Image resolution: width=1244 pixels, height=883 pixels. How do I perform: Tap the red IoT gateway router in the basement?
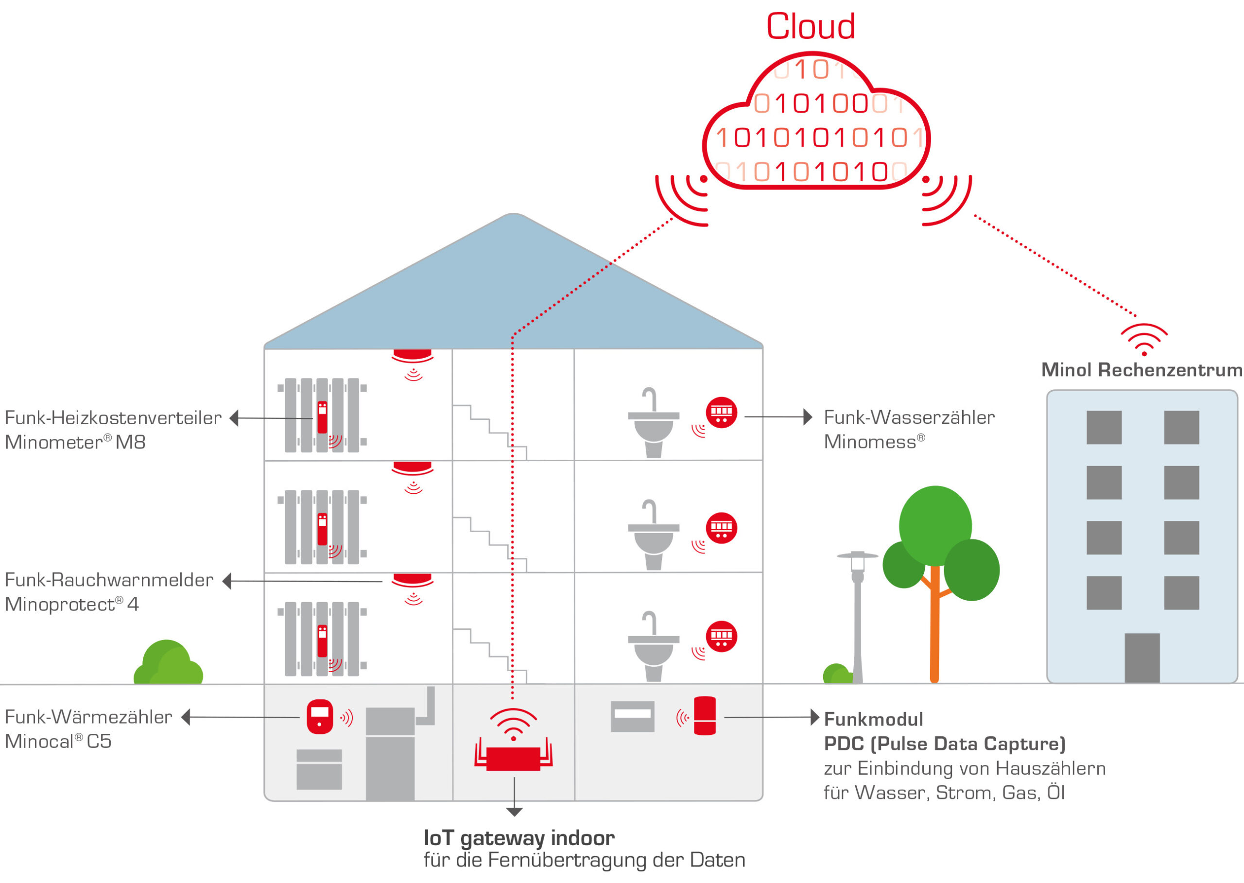coord(513,758)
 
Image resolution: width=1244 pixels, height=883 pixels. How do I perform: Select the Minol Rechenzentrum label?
coord(1141,370)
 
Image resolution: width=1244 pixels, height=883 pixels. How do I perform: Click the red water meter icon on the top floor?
coord(721,412)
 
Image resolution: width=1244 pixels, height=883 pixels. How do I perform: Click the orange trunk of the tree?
coord(934,625)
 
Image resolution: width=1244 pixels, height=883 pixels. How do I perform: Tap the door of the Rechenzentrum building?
coord(1142,658)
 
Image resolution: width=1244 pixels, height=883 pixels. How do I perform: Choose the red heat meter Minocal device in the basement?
coord(320,716)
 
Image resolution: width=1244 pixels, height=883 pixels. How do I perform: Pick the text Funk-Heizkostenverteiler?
coord(113,417)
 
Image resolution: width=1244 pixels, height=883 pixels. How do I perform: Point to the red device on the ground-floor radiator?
coord(322,641)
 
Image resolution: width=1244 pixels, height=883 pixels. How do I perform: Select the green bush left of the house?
coord(168,664)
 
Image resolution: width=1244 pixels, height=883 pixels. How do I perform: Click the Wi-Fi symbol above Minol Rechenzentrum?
coord(1144,339)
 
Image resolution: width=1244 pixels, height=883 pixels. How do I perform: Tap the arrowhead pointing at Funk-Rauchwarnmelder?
coord(227,581)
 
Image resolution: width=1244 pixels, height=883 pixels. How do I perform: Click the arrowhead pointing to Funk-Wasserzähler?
coord(808,417)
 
